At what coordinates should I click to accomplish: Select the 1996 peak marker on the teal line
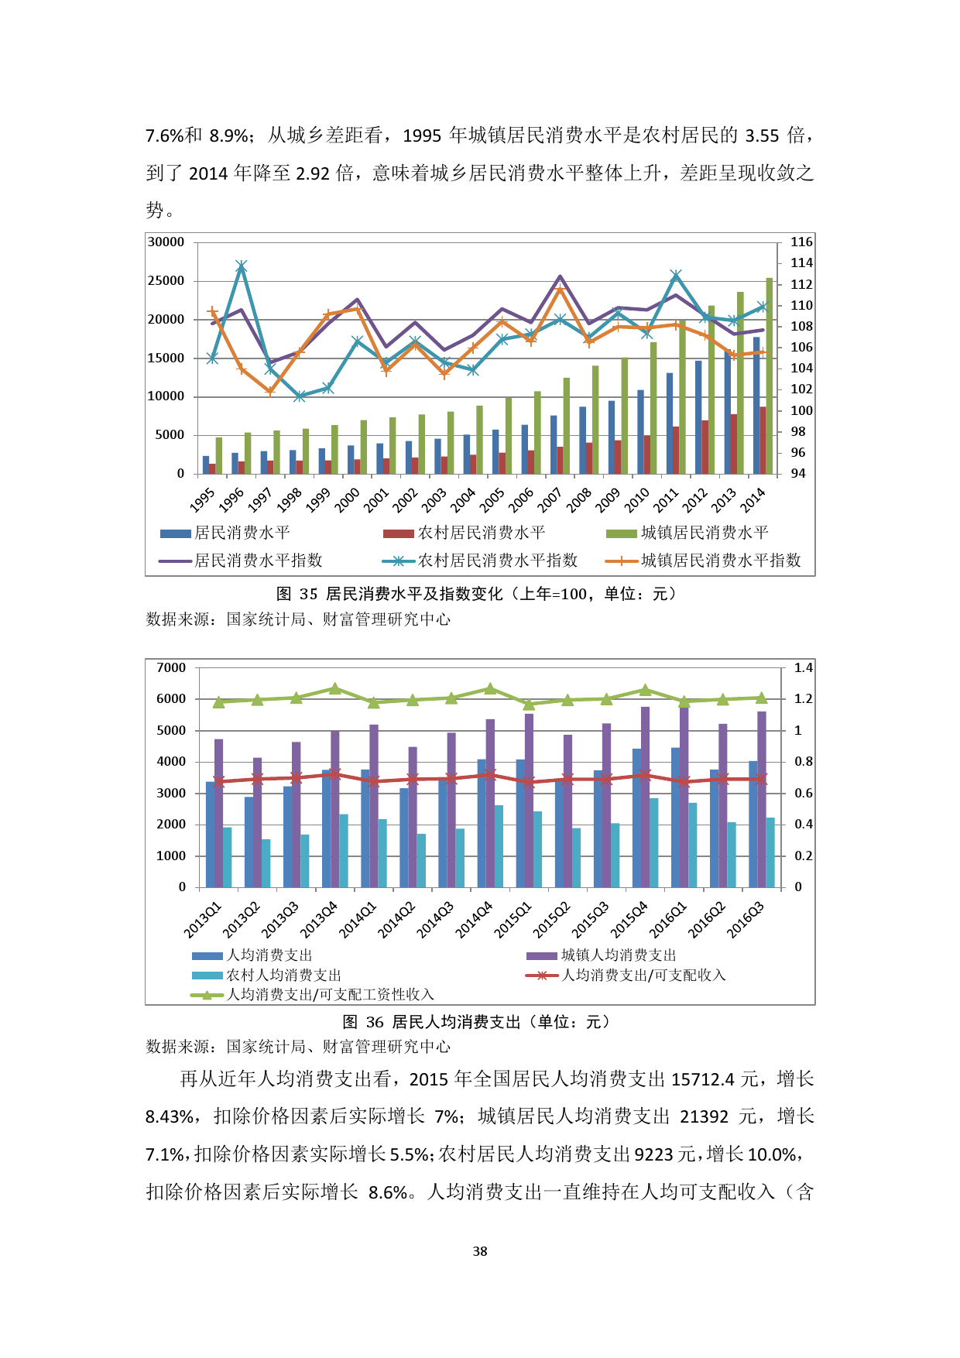click(242, 266)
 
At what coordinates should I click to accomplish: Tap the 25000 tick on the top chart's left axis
click(166, 281)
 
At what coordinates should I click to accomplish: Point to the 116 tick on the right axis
click(801, 242)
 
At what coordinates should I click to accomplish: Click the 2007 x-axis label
click(550, 499)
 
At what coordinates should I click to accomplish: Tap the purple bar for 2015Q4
click(646, 797)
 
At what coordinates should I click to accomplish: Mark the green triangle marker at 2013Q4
click(334, 688)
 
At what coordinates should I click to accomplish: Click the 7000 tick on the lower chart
click(171, 668)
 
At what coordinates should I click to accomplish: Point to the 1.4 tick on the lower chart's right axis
click(804, 668)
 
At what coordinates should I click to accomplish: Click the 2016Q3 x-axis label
click(745, 920)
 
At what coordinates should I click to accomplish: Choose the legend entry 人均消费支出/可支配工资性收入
click(330, 995)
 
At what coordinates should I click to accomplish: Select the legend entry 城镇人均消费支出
click(618, 955)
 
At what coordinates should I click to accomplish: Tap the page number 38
click(480, 1251)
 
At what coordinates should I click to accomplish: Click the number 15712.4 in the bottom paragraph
click(703, 1079)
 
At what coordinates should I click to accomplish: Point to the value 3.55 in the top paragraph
click(762, 136)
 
